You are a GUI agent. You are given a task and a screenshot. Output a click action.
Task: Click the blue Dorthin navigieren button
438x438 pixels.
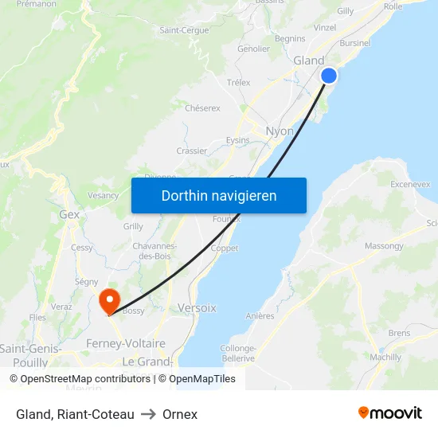[218, 195]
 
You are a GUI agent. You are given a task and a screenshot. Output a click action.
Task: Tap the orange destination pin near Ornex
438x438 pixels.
[108, 300]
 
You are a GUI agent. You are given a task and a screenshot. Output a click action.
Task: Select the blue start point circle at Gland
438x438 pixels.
[329, 76]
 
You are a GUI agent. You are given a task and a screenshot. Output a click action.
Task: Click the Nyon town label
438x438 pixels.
[279, 131]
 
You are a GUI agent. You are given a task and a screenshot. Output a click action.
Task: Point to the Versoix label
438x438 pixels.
[197, 307]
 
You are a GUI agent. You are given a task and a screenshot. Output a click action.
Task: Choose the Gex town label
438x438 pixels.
[69, 214]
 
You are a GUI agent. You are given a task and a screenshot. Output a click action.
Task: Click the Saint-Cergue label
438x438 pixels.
[184, 30]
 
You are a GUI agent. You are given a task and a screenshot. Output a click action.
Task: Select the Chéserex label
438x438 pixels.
[202, 108]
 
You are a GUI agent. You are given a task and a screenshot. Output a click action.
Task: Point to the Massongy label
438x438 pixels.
[384, 246]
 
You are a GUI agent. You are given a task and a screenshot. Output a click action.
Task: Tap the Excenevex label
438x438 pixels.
[410, 184]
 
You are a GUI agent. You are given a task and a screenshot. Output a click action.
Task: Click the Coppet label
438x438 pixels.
[225, 248]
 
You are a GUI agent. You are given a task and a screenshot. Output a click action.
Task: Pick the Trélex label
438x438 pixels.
[238, 82]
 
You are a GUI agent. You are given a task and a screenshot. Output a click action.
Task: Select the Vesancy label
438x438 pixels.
[104, 195]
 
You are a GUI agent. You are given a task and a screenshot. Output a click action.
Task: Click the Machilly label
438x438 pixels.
[385, 358]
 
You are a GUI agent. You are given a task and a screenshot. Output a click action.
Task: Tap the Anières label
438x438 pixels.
[260, 316]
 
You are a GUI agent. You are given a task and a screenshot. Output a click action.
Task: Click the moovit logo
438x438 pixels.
[390, 413]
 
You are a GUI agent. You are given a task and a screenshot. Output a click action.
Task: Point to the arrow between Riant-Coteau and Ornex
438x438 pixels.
[148, 414]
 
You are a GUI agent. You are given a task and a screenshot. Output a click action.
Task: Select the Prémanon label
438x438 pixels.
[36, 4]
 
